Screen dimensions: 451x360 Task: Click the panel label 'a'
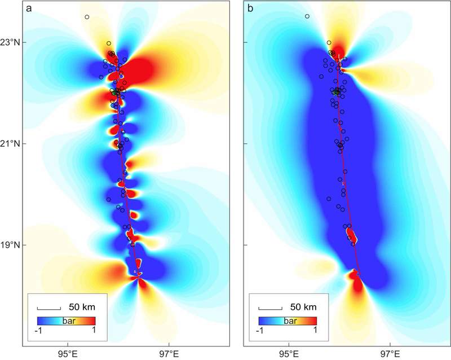[29, 8]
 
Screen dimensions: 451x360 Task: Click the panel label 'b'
[250, 8]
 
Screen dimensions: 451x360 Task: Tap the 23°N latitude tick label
[11, 43]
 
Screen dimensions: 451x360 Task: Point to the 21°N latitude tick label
[11, 144]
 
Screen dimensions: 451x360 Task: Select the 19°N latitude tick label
[11, 245]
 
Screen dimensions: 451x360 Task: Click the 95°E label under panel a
[68, 354]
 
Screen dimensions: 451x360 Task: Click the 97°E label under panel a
[169, 354]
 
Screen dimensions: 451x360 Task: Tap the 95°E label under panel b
[289, 354]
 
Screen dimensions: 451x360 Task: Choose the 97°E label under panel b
[390, 354]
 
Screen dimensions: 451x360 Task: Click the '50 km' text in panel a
[82, 307]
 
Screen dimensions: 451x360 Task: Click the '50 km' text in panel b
[303, 307]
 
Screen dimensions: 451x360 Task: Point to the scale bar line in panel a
[49, 310]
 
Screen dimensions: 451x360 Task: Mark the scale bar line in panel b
[271, 310]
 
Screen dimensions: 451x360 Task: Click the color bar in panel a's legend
[66, 321]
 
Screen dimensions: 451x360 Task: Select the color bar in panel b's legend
[288, 321]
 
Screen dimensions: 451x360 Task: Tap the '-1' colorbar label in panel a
[38, 331]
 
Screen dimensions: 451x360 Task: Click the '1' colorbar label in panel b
[315, 330]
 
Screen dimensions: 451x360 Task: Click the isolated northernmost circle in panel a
[87, 17]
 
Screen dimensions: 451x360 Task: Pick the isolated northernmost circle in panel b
[307, 16]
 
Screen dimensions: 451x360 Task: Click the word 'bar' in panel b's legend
[290, 321]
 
